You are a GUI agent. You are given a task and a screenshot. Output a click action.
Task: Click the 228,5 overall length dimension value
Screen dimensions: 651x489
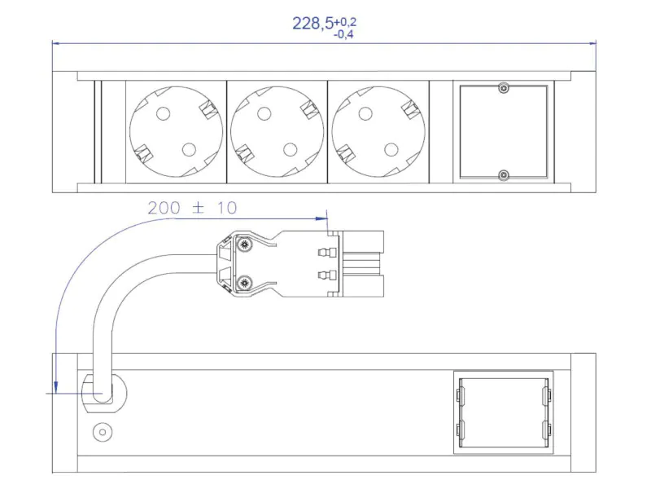312,24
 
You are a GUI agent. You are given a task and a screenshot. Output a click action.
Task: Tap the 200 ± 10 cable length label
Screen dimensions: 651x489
192,208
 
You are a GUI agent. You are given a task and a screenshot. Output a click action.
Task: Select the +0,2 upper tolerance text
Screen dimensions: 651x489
345,22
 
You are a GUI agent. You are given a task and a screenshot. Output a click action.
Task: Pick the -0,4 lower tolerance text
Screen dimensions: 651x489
343,34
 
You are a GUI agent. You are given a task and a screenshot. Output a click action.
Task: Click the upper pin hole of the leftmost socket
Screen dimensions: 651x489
164,113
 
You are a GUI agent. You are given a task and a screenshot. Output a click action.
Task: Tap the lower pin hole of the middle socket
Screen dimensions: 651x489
291,149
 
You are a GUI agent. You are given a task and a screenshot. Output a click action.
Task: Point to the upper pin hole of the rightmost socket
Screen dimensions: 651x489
365,113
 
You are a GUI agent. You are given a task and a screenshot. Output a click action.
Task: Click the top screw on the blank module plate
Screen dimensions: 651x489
504,88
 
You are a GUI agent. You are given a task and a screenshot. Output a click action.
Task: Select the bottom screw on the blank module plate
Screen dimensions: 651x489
504,175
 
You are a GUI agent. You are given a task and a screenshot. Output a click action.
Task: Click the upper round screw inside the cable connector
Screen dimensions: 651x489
244,245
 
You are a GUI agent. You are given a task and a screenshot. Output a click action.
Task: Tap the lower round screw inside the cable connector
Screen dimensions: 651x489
244,283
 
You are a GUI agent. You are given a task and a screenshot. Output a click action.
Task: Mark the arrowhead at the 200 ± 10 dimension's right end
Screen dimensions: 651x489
321,218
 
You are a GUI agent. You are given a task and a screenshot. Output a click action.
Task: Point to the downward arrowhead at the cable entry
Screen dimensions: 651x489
56,387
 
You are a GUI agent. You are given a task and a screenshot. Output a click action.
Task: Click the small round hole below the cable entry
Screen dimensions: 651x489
103,433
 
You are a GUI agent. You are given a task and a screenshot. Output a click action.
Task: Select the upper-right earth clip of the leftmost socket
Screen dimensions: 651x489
208,109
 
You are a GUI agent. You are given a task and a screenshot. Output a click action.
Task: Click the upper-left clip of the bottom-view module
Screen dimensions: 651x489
461,394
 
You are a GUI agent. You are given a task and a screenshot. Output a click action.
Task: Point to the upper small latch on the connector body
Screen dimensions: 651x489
324,252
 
